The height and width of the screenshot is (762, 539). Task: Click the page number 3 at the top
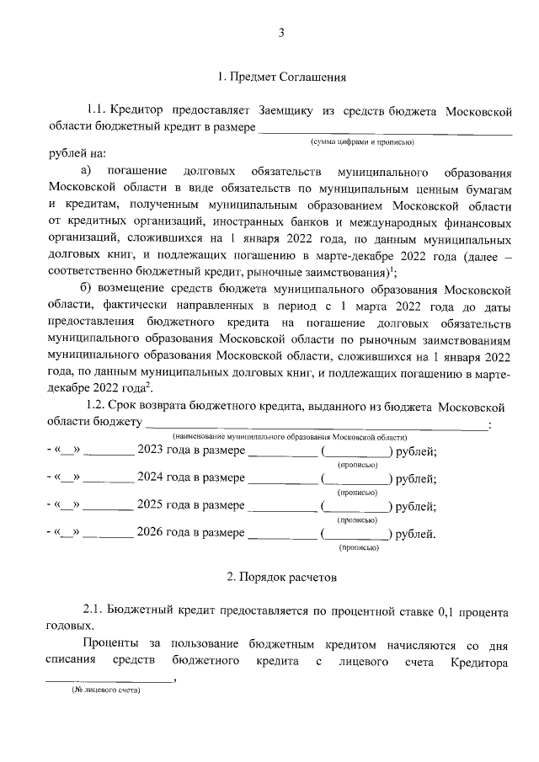point(282,33)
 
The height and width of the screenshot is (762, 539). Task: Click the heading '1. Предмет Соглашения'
point(281,78)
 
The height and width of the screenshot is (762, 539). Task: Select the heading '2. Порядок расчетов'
point(281,578)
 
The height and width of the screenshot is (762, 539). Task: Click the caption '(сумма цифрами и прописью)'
point(361,143)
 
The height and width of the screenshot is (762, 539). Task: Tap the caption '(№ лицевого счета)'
point(105,690)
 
